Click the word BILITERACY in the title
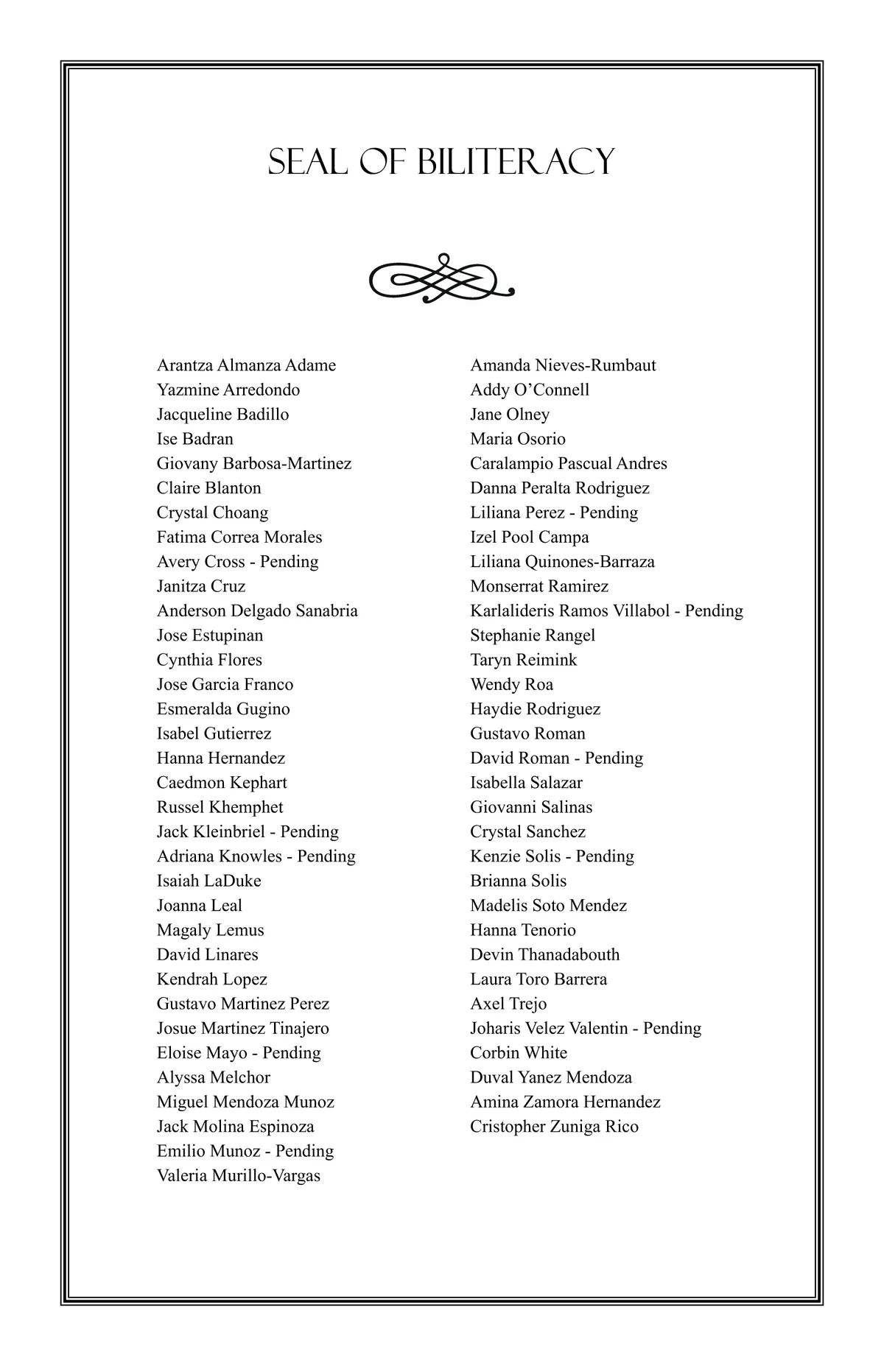[516, 162]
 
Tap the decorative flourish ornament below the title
[441, 278]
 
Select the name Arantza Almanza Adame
[246, 365]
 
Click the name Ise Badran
[194, 439]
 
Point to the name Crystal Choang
[212, 513]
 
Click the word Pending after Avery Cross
[290, 562]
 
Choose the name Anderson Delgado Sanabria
[257, 610]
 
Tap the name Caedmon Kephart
[222, 783]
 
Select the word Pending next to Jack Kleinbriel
[309, 832]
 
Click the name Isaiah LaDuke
[208, 881]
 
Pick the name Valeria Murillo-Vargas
[239, 1175]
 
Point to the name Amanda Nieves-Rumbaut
[563, 365]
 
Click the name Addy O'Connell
[530, 390]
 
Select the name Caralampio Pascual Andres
[569, 463]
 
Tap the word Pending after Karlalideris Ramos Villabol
[714, 610]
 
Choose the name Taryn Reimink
[524, 660]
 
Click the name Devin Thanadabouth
[545, 954]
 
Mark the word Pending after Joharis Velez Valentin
[672, 1028]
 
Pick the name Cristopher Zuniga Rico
[554, 1127]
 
